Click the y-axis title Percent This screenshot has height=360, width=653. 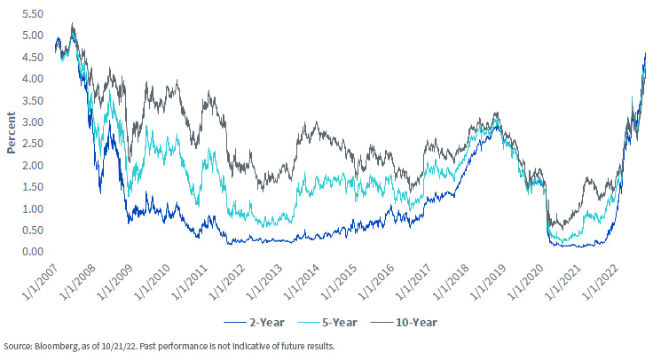[x=11, y=134]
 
